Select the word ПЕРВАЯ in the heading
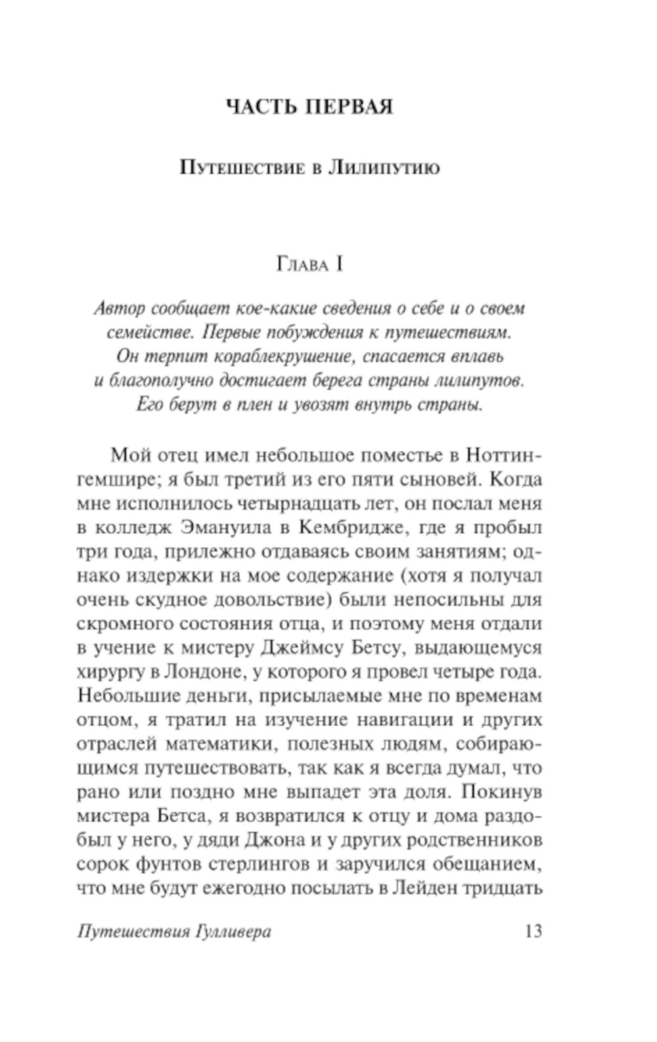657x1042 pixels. click(348, 107)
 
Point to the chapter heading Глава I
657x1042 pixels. click(309, 265)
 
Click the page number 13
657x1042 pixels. click(533, 932)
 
